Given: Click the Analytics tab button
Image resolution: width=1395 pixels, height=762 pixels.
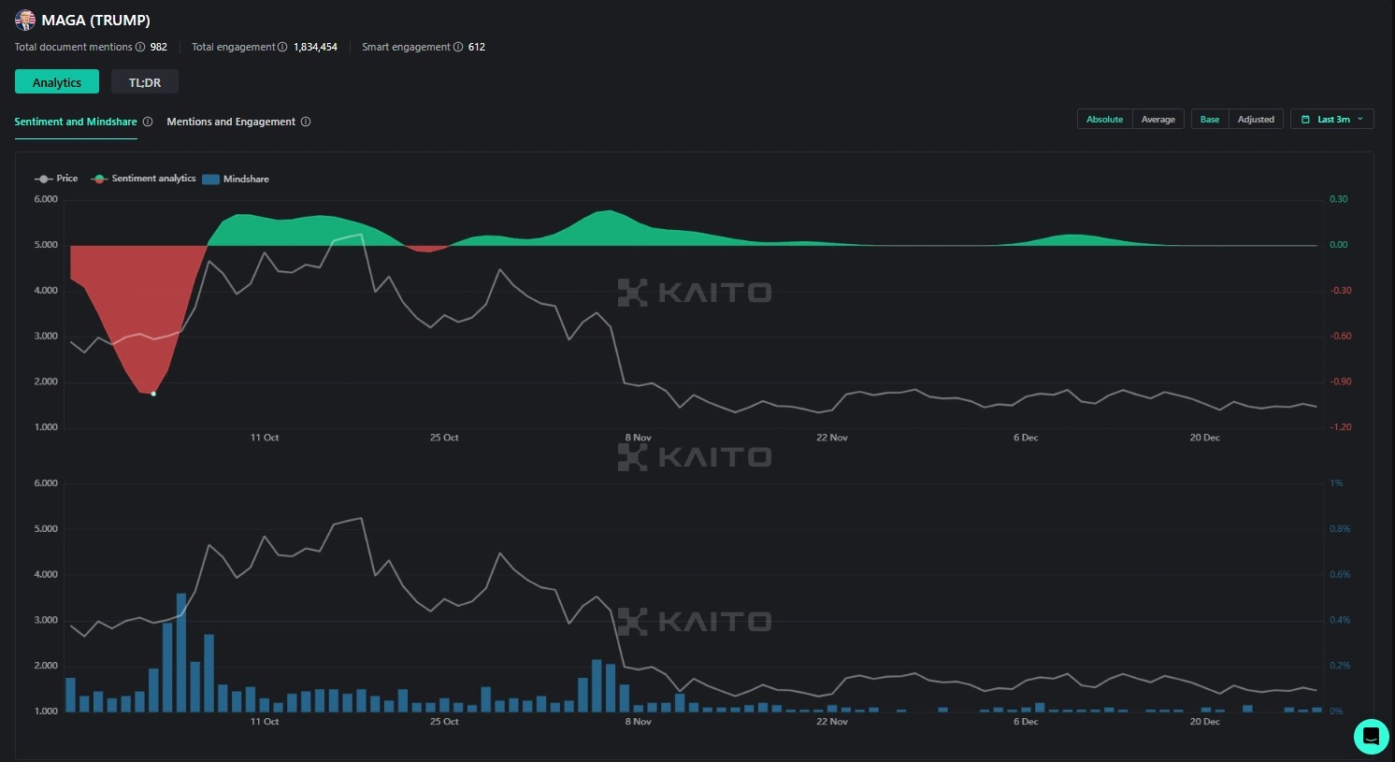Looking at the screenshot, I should (57, 82).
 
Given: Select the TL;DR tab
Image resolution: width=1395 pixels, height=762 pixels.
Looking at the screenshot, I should (145, 82).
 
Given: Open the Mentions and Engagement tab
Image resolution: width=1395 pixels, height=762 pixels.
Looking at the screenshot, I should (231, 122).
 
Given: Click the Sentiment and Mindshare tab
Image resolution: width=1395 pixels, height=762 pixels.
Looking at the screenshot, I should (76, 122).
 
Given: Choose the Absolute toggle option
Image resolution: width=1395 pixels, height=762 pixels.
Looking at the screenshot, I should (1104, 120).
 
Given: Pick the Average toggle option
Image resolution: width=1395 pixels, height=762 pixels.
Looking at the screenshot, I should (1158, 120).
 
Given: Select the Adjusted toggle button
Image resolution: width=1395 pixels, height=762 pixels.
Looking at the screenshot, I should (1256, 120).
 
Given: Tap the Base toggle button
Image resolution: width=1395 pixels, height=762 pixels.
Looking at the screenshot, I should (1210, 120).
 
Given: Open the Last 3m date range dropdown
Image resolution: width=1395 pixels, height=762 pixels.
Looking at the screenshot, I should (1332, 120).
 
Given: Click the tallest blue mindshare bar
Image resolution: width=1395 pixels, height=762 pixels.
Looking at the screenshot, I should (181, 652).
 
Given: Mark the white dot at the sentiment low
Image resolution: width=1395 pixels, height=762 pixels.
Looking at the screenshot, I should (153, 394).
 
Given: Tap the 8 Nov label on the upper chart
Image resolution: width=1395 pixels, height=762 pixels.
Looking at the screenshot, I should (639, 438).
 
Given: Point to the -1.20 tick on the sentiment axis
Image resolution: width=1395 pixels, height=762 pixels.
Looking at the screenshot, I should (1341, 427).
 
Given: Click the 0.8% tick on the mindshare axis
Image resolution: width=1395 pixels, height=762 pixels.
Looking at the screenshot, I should (1340, 529).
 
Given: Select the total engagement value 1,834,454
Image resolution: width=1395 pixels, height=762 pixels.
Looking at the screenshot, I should (315, 47).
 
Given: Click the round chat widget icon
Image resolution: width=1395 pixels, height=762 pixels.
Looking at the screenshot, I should (1371, 736).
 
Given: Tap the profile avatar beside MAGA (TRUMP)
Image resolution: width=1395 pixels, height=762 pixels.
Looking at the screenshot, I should (25, 20).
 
